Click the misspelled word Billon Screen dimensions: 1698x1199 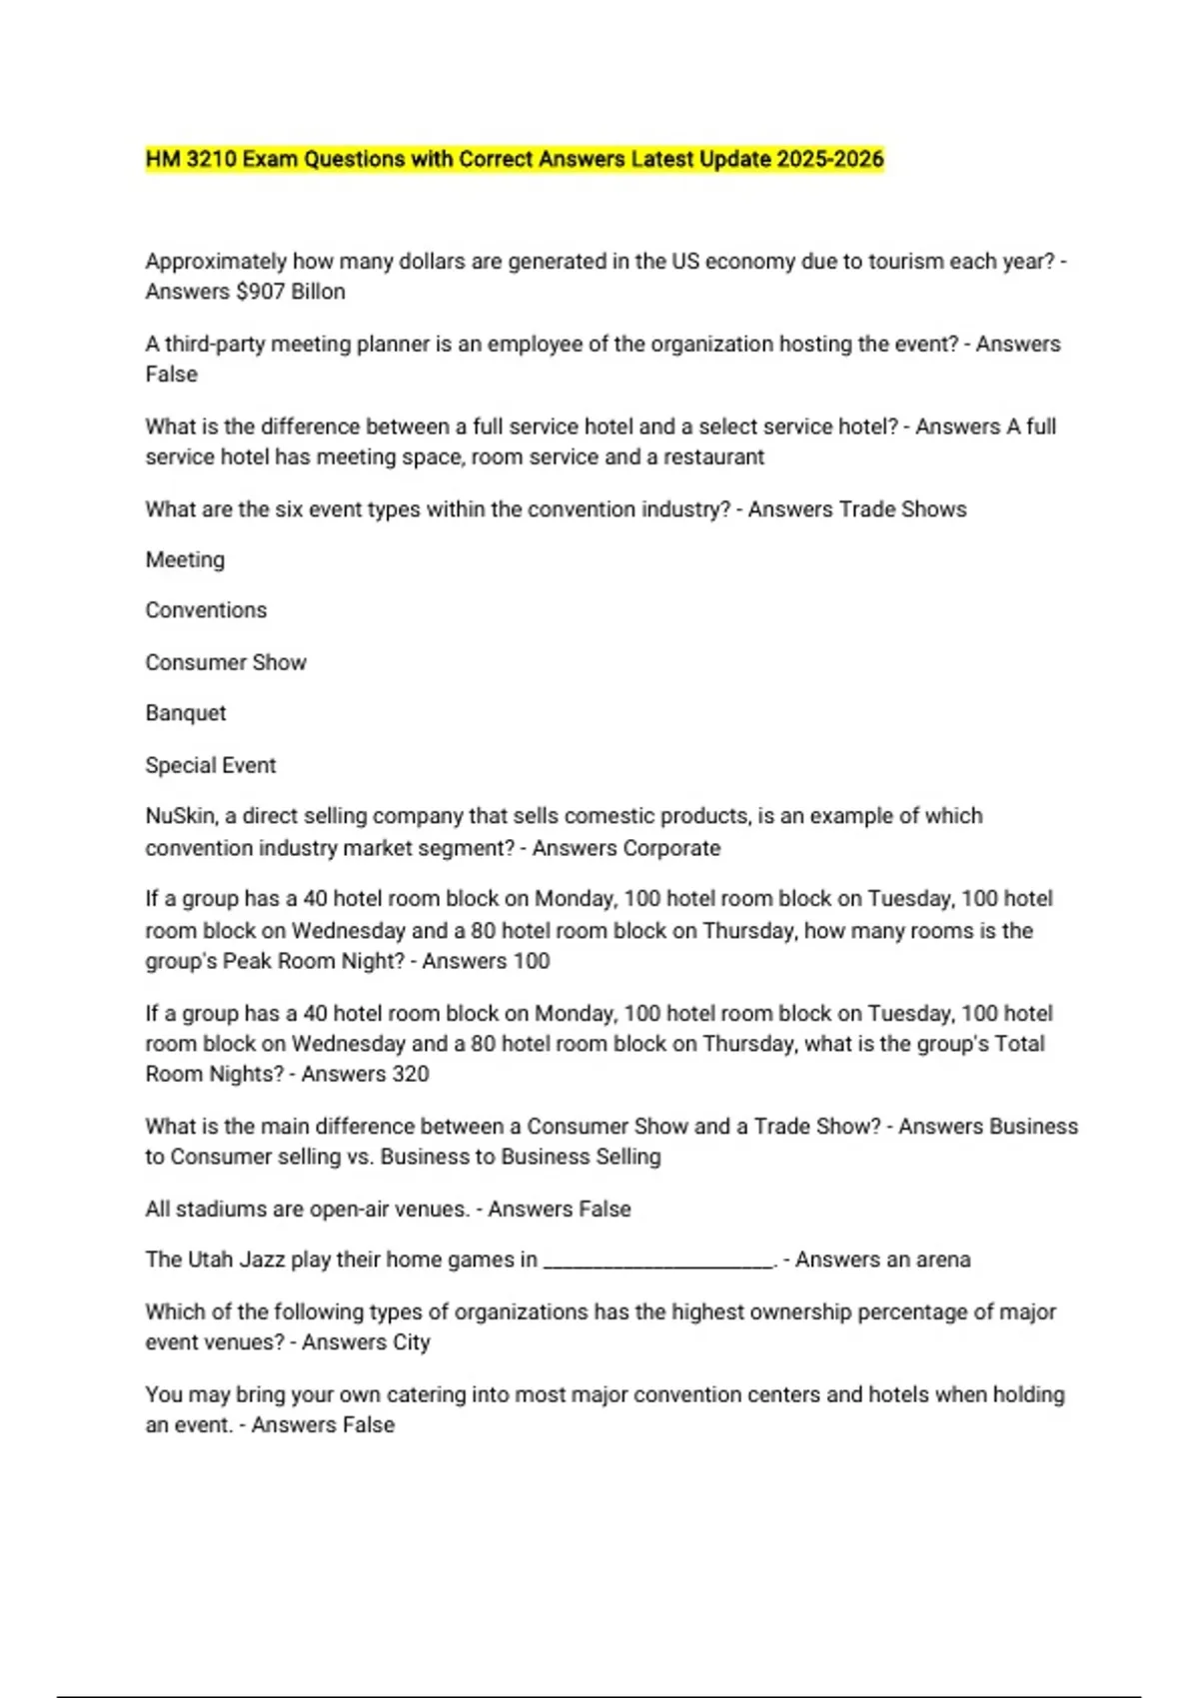(x=319, y=292)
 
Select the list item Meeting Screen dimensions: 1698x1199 (x=185, y=560)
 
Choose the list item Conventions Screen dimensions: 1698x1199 (x=206, y=610)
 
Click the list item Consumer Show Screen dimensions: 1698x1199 (x=226, y=662)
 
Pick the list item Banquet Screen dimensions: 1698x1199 (x=186, y=713)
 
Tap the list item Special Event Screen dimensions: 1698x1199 (x=210, y=765)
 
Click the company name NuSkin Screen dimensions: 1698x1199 (x=180, y=816)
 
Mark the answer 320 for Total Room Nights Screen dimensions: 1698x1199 (x=410, y=1074)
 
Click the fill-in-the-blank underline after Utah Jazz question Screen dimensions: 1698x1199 (x=658, y=1263)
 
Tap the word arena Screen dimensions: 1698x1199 (x=943, y=1260)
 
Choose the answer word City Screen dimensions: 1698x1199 (x=411, y=1342)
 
